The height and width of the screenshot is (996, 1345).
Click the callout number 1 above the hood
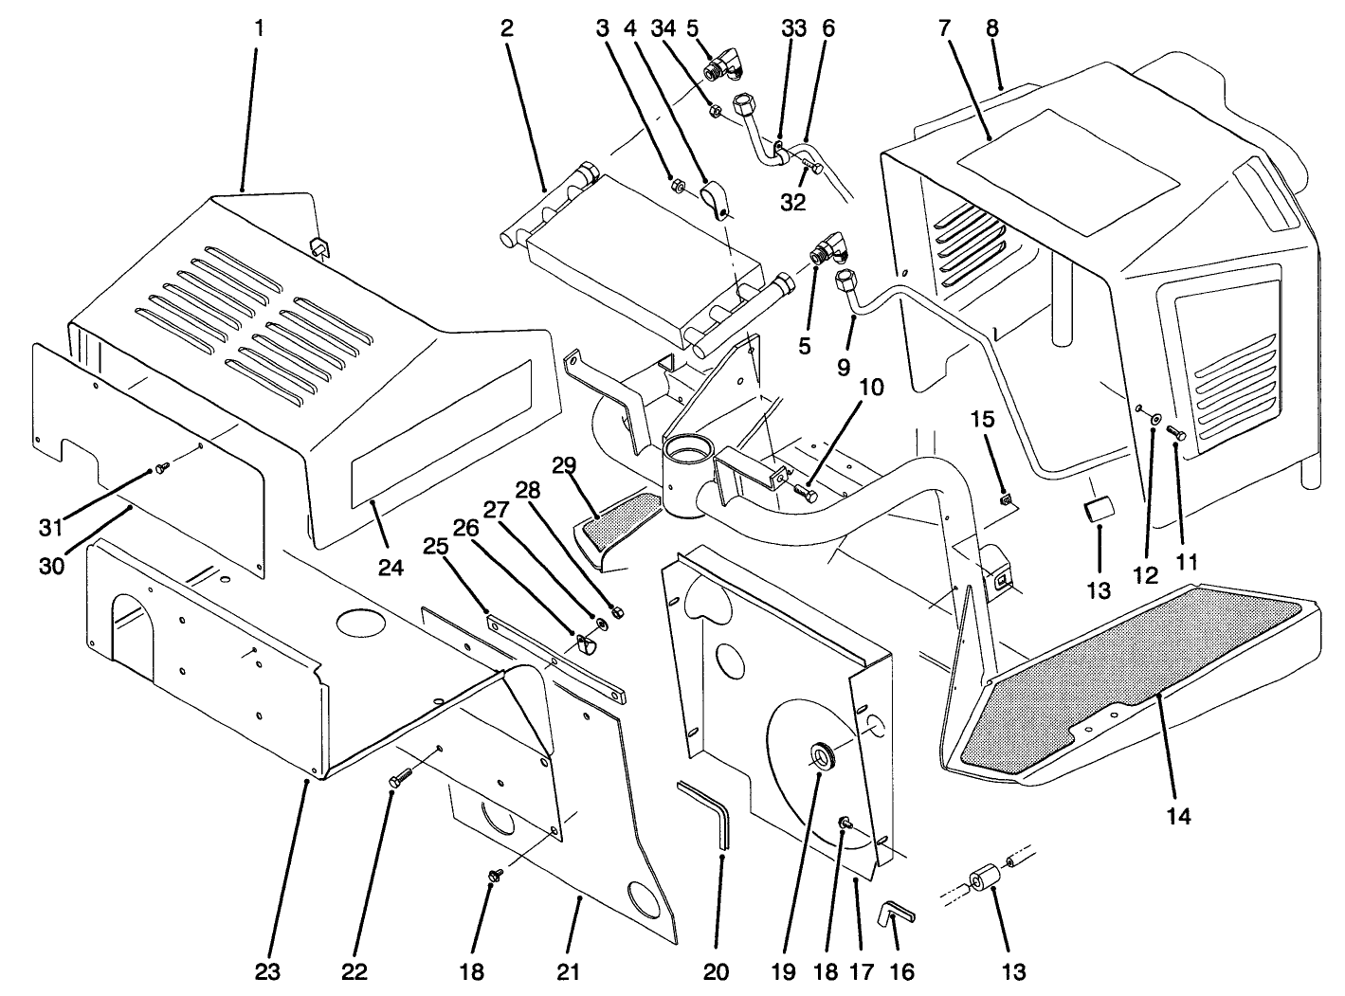pyautogui.click(x=259, y=27)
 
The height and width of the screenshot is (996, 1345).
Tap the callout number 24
pyautogui.click(x=391, y=568)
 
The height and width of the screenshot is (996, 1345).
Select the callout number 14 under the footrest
pyautogui.click(x=1178, y=815)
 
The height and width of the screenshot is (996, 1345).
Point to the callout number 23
pyautogui.click(x=267, y=971)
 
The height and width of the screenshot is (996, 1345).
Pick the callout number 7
pyautogui.click(x=943, y=27)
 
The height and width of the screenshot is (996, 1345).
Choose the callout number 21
pyautogui.click(x=570, y=971)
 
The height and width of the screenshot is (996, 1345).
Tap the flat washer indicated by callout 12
pyautogui.click(x=1154, y=418)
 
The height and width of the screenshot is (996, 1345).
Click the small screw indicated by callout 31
pyautogui.click(x=162, y=465)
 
